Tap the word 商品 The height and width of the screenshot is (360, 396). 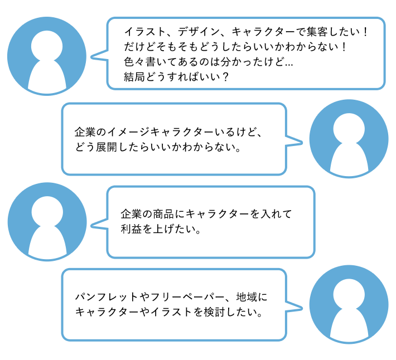[x=163, y=213]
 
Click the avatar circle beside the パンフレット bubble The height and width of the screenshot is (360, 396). [x=348, y=304]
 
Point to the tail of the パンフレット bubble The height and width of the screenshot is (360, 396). [x=297, y=304]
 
